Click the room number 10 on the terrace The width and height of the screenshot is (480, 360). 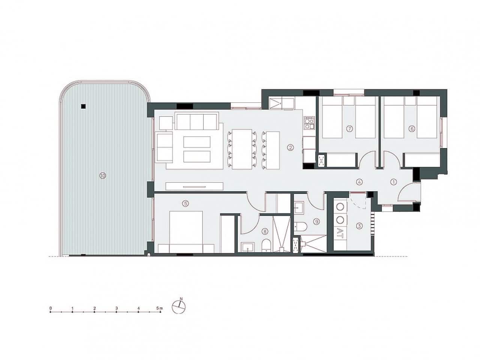pos(103,175)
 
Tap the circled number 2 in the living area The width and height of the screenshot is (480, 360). pos(290,147)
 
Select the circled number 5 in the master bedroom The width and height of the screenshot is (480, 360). pos(185,204)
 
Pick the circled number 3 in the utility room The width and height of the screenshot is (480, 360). pos(359,226)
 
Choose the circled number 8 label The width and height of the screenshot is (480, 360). pos(265,232)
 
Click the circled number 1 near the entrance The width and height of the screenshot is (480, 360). pos(393,182)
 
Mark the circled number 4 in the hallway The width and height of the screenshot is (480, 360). pos(359,182)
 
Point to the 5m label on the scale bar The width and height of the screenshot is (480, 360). pos(160,308)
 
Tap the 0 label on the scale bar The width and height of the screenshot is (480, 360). pos(50,308)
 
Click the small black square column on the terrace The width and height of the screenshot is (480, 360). pos(82,106)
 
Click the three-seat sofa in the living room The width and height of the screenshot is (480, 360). pos(196,122)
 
